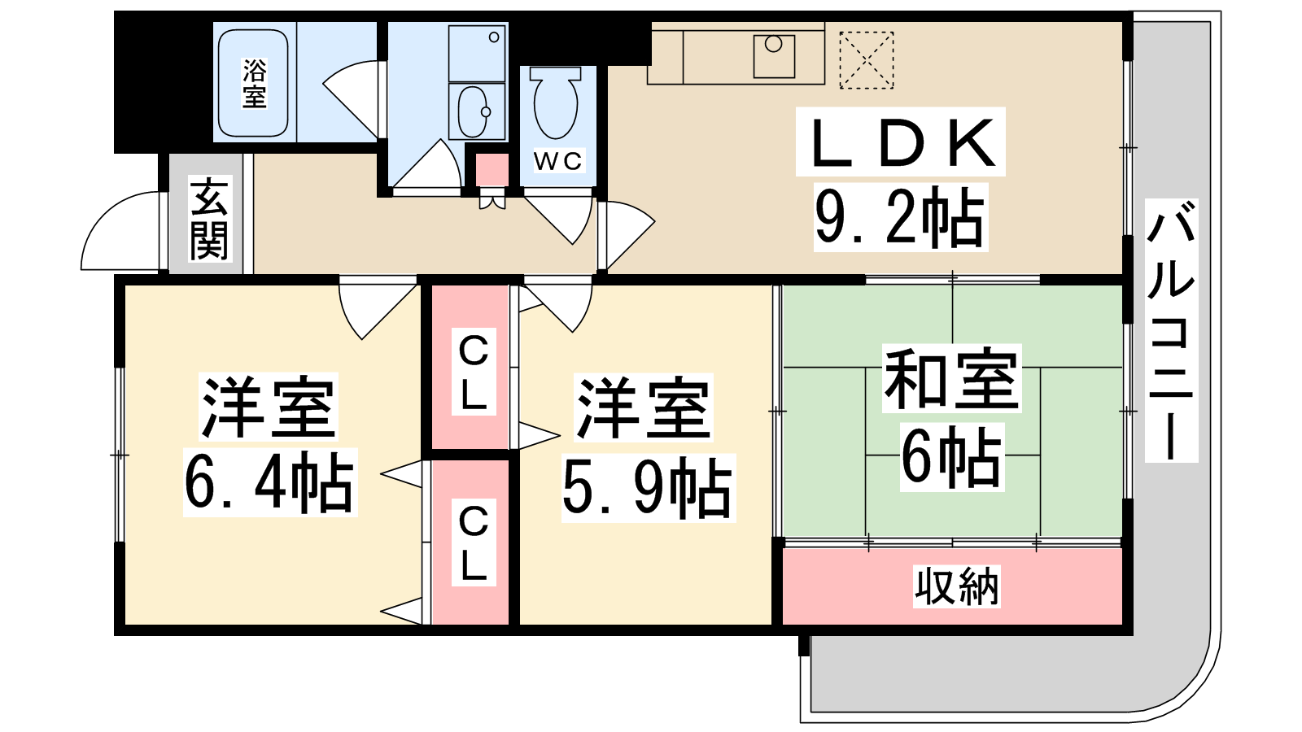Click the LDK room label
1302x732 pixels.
pos(900,142)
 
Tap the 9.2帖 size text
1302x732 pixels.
pos(900,217)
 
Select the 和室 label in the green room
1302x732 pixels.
pos(951,378)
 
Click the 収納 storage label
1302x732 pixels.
pos(956,586)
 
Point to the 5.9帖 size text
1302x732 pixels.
pos(648,488)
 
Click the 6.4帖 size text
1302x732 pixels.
pos(269,482)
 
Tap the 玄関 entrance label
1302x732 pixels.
pos(210,219)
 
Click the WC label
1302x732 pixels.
pos(558,161)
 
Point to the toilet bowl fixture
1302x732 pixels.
pos(556,102)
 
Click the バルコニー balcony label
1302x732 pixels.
pos(1171,330)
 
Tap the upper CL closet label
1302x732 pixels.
pos(474,371)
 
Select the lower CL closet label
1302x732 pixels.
pos(474,542)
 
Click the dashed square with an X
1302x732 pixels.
pos(866,60)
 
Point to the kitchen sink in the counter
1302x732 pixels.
pos(774,56)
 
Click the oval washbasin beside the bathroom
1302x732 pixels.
pos(474,111)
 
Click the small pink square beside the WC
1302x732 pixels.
pos(492,170)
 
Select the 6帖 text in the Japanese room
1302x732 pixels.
pos(951,457)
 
